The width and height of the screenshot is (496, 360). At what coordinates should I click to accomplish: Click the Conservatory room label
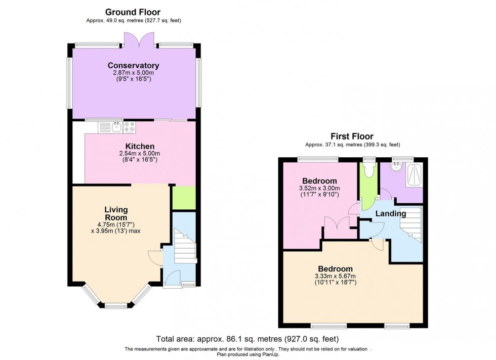[133, 65]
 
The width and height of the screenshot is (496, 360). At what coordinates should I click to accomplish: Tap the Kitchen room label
[133, 147]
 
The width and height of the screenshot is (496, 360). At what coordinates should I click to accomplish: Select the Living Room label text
[116, 213]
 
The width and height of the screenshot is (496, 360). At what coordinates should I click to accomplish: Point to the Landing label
[390, 213]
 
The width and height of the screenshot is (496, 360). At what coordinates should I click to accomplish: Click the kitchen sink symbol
[116, 127]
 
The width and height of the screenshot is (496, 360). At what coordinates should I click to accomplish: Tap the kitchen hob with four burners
[129, 127]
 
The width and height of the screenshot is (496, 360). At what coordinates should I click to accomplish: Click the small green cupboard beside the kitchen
[184, 198]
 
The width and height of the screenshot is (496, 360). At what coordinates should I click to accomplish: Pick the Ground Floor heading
[133, 12]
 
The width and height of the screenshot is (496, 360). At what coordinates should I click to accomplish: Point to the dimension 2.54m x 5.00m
[133, 154]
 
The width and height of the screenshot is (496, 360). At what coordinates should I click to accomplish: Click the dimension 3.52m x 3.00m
[319, 188]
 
